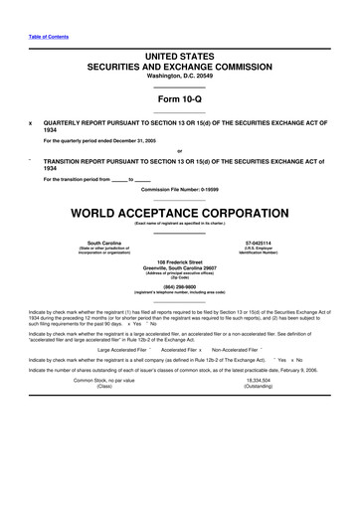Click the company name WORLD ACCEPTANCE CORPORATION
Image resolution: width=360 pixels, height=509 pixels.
coord(179,214)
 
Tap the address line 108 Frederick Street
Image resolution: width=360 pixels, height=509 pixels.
coord(179,261)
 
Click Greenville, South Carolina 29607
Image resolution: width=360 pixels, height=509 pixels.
coord(179,267)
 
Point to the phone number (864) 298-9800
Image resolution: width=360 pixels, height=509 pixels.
coord(179,285)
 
